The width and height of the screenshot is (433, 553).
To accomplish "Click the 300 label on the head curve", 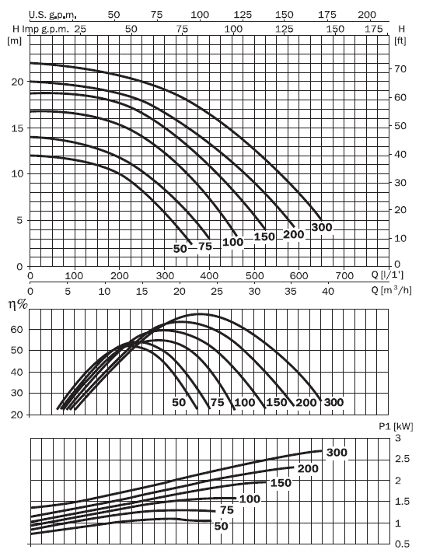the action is pos(322,227).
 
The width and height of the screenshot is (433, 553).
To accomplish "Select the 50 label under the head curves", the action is pos(180,249).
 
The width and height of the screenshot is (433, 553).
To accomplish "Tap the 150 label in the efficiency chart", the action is pos(276,402).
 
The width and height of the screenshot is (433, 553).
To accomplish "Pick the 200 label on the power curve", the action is pos(308,468).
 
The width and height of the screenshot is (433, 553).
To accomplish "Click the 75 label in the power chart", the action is pos(227,510).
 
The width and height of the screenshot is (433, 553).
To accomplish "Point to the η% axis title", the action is pos(18,303).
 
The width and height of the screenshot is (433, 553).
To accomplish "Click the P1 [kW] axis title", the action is pos(396,426).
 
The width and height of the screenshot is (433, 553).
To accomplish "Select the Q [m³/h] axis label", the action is pos(391,290).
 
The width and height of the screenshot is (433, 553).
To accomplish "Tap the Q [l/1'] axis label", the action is pos(387,275).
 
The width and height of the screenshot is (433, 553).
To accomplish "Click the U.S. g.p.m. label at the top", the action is pos(53,15).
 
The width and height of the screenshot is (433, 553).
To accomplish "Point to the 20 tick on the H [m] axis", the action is pos(17,82).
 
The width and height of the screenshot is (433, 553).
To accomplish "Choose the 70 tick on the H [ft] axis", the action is pos(400,69).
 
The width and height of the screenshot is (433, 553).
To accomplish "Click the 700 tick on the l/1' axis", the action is pos(344,276).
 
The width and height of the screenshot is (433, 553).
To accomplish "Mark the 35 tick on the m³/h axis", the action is pos(291,292).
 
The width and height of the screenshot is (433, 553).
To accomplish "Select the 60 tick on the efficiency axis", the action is pos(16,330).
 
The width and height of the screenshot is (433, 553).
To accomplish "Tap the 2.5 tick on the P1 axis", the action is pos(403,459).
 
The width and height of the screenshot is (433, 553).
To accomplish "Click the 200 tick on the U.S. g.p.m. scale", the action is pos(367,15).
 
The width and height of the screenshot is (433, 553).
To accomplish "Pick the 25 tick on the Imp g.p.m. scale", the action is pos(80,29).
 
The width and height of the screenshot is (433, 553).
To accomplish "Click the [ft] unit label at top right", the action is pos(400,41).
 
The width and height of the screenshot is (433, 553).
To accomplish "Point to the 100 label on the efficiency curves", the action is pos(244,402).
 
